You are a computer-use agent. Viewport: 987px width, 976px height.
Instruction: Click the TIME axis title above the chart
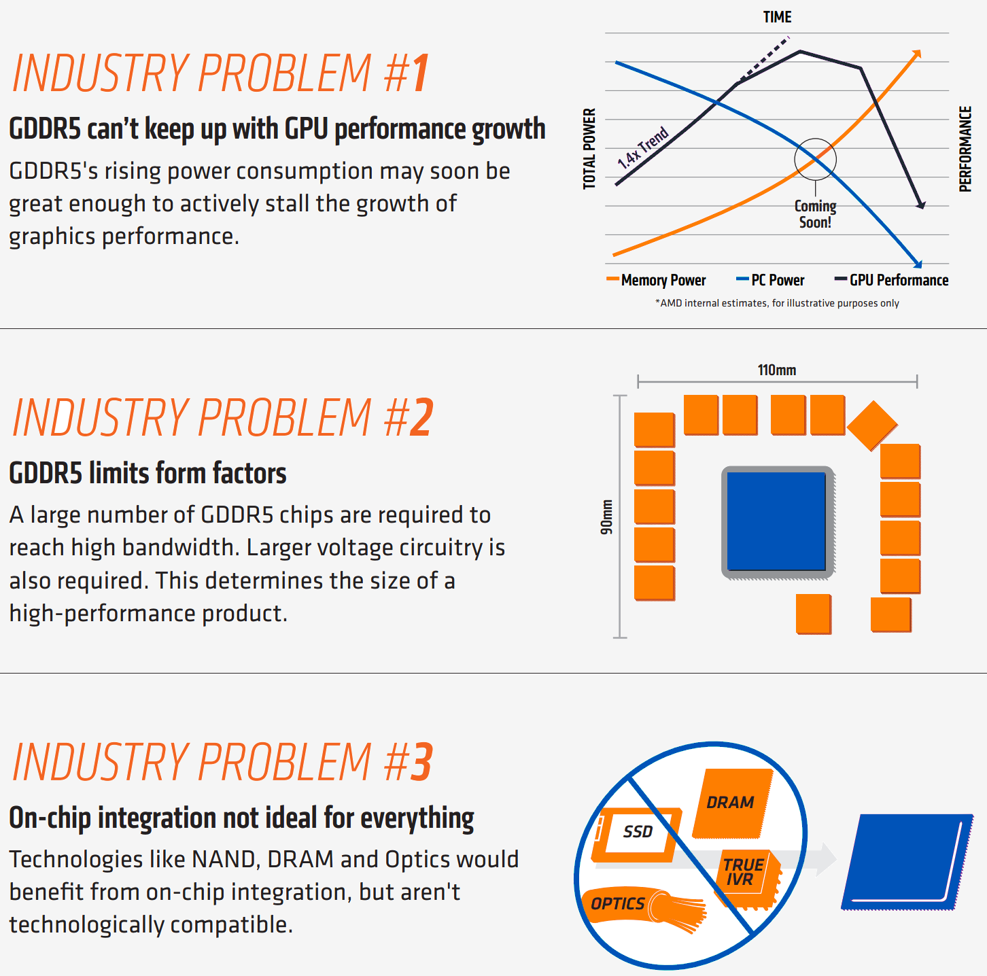777,17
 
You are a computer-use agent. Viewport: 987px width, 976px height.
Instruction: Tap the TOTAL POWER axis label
589,149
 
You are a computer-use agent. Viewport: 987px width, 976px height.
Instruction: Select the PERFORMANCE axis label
965,149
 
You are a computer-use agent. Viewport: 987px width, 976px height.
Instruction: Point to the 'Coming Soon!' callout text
815,214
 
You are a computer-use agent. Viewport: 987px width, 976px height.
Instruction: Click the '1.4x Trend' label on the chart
642,147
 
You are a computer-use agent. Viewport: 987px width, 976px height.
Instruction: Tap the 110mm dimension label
777,370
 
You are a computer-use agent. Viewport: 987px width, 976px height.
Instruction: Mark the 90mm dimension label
606,517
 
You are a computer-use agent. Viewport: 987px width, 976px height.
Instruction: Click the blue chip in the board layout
776,521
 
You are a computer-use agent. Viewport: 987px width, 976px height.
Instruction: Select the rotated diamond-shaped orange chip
873,425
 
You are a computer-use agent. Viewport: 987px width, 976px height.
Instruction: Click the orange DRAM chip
733,803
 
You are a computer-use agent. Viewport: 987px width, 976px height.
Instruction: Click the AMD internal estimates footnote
777,303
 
